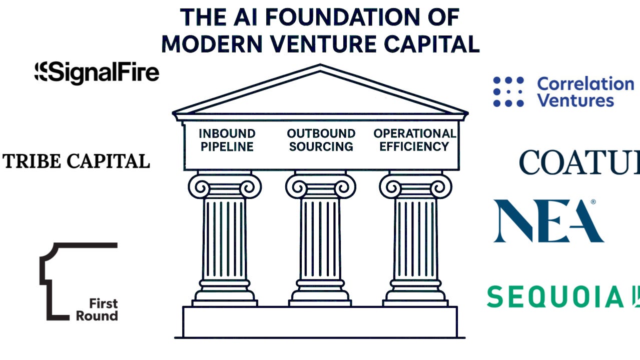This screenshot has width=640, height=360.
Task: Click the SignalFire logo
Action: [x=97, y=72]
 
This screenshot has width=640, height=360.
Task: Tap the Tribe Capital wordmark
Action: [x=77, y=161]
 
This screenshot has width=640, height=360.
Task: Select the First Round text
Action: [x=97, y=309]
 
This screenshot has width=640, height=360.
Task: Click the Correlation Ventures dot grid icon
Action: [x=508, y=92]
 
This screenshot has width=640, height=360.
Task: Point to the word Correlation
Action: [x=585, y=83]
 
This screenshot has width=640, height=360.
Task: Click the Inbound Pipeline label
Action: [x=227, y=140]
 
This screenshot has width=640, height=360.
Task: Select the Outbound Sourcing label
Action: [x=321, y=140]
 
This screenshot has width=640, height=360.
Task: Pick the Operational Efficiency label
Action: [x=414, y=140]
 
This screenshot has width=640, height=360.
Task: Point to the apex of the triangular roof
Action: [x=320, y=65]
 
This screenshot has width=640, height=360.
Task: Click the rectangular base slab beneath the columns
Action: [x=320, y=321]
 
